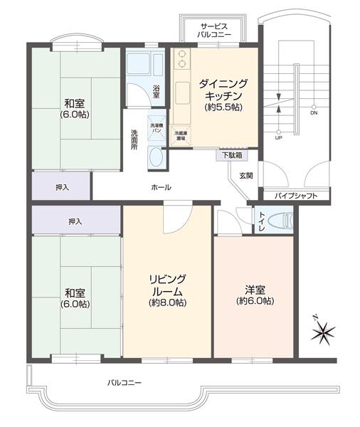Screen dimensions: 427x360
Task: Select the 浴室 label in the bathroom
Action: pos(157,90)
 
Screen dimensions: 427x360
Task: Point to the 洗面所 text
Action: pos(134,138)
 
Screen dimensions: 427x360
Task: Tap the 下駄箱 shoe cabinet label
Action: pos(231,154)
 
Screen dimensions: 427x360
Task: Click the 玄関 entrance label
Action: pos(245,175)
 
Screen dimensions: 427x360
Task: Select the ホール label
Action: pos(161,187)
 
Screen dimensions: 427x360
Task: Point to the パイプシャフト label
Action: pos(291,195)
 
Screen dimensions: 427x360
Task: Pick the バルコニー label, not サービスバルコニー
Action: pos(125,383)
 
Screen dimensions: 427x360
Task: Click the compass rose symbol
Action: pos(323,330)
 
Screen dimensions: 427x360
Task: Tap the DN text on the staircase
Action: pos(314,112)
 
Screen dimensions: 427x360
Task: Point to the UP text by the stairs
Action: pos(278,137)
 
